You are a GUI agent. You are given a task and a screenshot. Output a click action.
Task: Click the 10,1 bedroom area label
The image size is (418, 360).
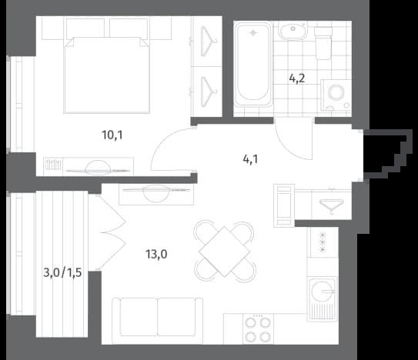click(112, 135)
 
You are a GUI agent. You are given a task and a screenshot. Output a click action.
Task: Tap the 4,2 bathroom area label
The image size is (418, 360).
click(296, 78)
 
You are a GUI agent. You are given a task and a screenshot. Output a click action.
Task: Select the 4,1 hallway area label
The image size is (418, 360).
click(250, 159)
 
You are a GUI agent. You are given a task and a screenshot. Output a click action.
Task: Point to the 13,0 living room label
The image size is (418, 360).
click(156, 254)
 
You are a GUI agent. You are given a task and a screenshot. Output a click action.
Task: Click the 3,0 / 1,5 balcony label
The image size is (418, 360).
click(62, 273)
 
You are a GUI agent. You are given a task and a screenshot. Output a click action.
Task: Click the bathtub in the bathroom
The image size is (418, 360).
click(253, 65)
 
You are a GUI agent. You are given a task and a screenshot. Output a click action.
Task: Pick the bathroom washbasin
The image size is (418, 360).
click(293, 30)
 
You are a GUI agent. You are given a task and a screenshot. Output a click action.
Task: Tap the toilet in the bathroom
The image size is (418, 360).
click(323, 42)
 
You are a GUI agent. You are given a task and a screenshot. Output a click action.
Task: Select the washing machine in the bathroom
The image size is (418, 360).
click(336, 95)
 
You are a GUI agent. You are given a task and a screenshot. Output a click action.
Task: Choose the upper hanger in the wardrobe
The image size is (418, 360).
click(208, 42)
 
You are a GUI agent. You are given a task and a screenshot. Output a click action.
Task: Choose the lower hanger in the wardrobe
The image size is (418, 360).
click(208, 92)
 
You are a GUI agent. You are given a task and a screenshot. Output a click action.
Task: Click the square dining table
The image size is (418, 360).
click(225, 252)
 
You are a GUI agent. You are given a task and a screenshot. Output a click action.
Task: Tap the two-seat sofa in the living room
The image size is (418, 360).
click(157, 321)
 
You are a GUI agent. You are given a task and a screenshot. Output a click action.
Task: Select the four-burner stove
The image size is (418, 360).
click(258, 329)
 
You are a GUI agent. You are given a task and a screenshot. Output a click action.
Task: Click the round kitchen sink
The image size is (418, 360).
click(322, 292)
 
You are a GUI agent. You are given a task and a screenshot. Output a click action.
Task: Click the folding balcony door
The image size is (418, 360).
click(109, 232)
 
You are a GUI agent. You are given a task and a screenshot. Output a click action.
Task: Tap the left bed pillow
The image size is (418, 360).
click(85, 28)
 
